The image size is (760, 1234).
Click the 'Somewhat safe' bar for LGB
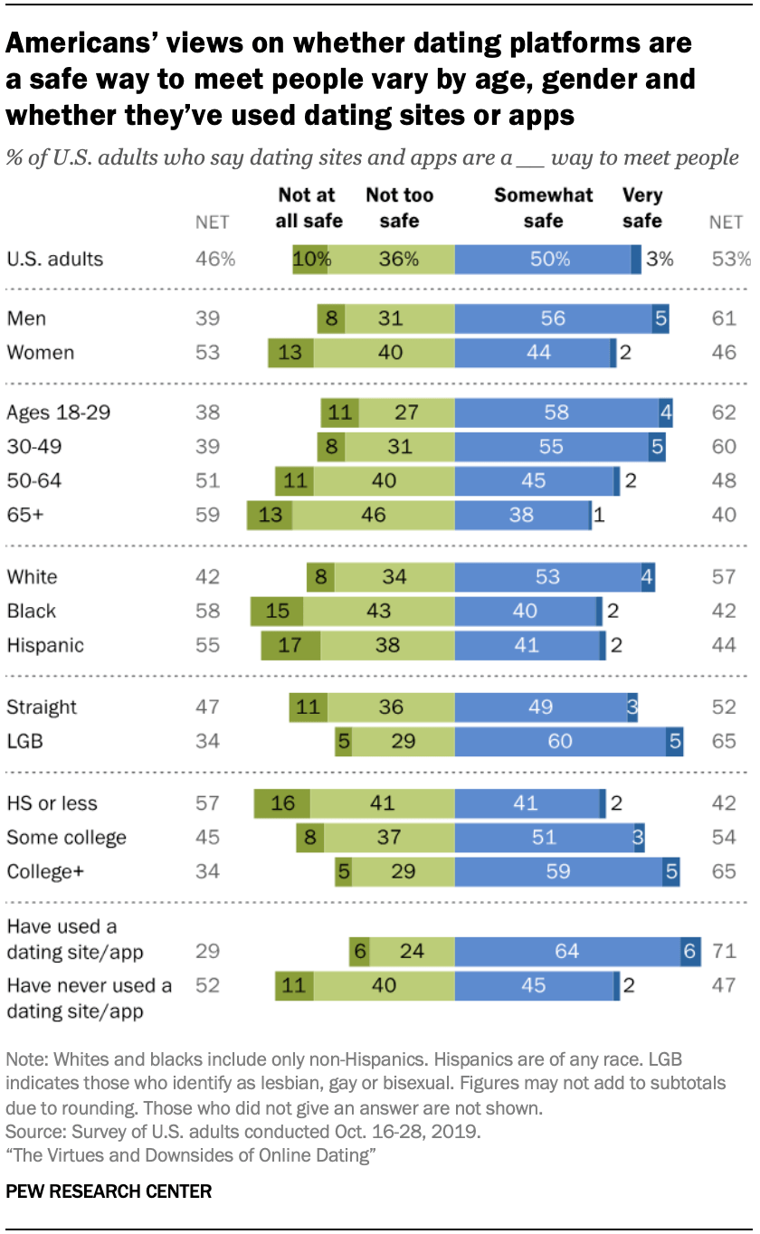click(560, 742)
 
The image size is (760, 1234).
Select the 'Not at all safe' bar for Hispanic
click(290, 645)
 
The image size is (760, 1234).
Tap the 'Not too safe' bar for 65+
click(374, 515)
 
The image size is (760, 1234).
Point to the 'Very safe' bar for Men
click(660, 318)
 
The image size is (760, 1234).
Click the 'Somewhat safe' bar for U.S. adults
click(543, 259)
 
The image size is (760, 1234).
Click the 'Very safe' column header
click(641, 208)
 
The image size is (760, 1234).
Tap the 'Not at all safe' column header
click(309, 208)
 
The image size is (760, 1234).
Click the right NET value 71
click(725, 951)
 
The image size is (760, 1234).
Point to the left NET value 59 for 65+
click(207, 515)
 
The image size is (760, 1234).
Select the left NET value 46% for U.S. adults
click(215, 259)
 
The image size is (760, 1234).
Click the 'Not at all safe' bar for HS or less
click(282, 802)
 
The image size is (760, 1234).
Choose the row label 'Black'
click(32, 611)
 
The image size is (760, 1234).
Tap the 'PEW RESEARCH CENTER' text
click(109, 1191)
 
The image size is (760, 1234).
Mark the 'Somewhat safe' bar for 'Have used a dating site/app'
click(567, 951)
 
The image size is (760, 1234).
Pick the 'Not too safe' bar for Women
click(384, 353)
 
